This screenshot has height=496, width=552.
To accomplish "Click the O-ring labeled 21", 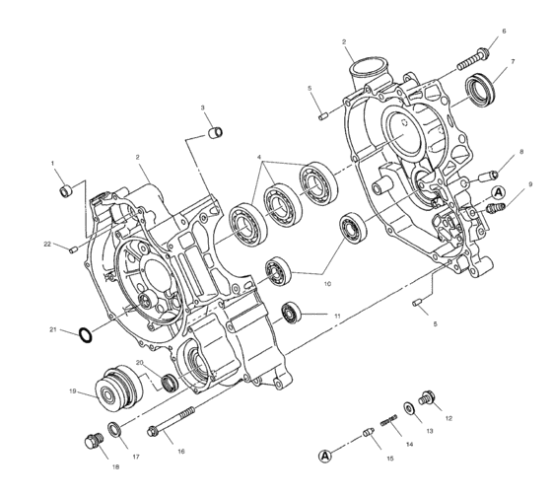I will pyautogui.click(x=86, y=333).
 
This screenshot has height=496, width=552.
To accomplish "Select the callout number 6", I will pyautogui.click(x=503, y=33).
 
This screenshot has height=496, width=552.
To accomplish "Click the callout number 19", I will pyautogui.click(x=73, y=391).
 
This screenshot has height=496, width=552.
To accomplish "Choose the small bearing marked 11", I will pyautogui.click(x=292, y=313).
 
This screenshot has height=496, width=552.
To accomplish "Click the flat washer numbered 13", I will pyautogui.click(x=408, y=407).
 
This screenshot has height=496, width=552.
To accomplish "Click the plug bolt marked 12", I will pyautogui.click(x=429, y=397).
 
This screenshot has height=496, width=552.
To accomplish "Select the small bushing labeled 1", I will pyautogui.click(x=67, y=188).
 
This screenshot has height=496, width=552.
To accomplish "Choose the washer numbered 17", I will pyautogui.click(x=115, y=430).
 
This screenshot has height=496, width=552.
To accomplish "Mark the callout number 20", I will pyautogui.click(x=139, y=363).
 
